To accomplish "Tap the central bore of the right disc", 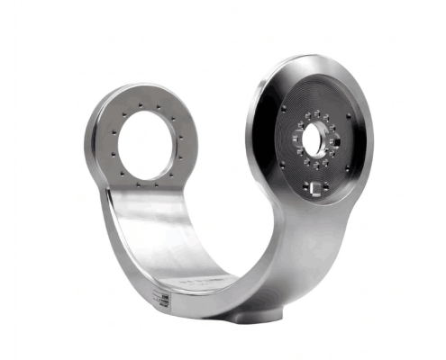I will pyautogui.click(x=315, y=139).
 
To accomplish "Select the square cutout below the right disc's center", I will pyautogui.click(x=314, y=188).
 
